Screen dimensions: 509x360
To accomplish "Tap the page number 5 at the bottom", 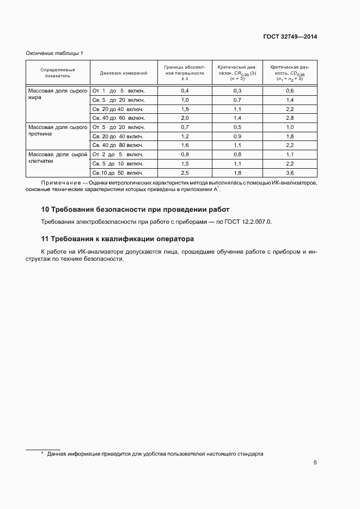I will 315,463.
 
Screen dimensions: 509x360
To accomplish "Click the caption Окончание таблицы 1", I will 55,53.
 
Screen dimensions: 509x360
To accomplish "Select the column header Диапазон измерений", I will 123,72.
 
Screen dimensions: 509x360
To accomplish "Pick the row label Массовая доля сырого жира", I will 57,95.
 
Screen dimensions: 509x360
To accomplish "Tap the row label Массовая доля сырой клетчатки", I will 57,158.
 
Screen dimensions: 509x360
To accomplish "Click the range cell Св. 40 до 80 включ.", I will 118,145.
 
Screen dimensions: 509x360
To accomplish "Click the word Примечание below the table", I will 60,183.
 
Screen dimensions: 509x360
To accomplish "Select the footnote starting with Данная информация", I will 155,453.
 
